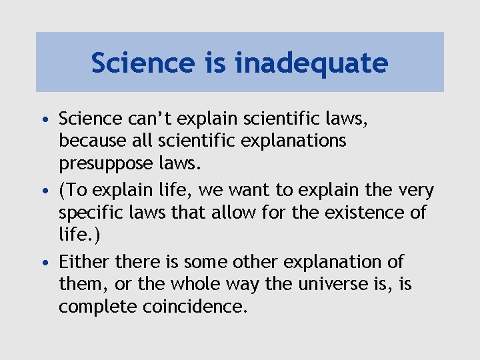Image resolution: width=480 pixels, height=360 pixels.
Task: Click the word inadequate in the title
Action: click(x=311, y=63)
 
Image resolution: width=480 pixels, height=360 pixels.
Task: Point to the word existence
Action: click(x=374, y=213)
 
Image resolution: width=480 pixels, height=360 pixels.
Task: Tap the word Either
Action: click(x=84, y=262)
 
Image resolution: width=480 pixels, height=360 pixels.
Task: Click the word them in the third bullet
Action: click(x=79, y=285)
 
